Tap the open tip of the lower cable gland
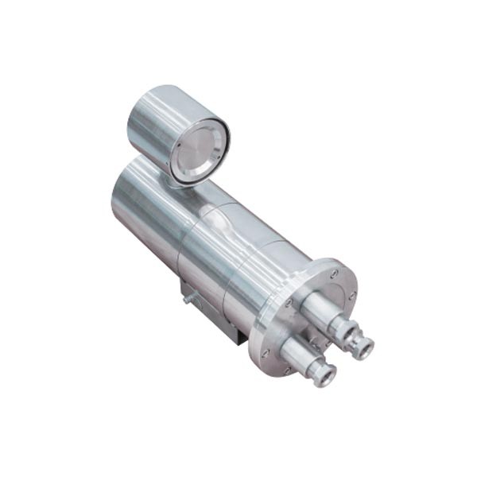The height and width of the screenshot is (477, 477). tap(324, 374)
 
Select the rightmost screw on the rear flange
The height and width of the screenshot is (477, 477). tap(351, 295)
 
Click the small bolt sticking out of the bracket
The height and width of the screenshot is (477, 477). tap(188, 299)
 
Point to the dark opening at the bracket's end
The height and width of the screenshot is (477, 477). tap(238, 337)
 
